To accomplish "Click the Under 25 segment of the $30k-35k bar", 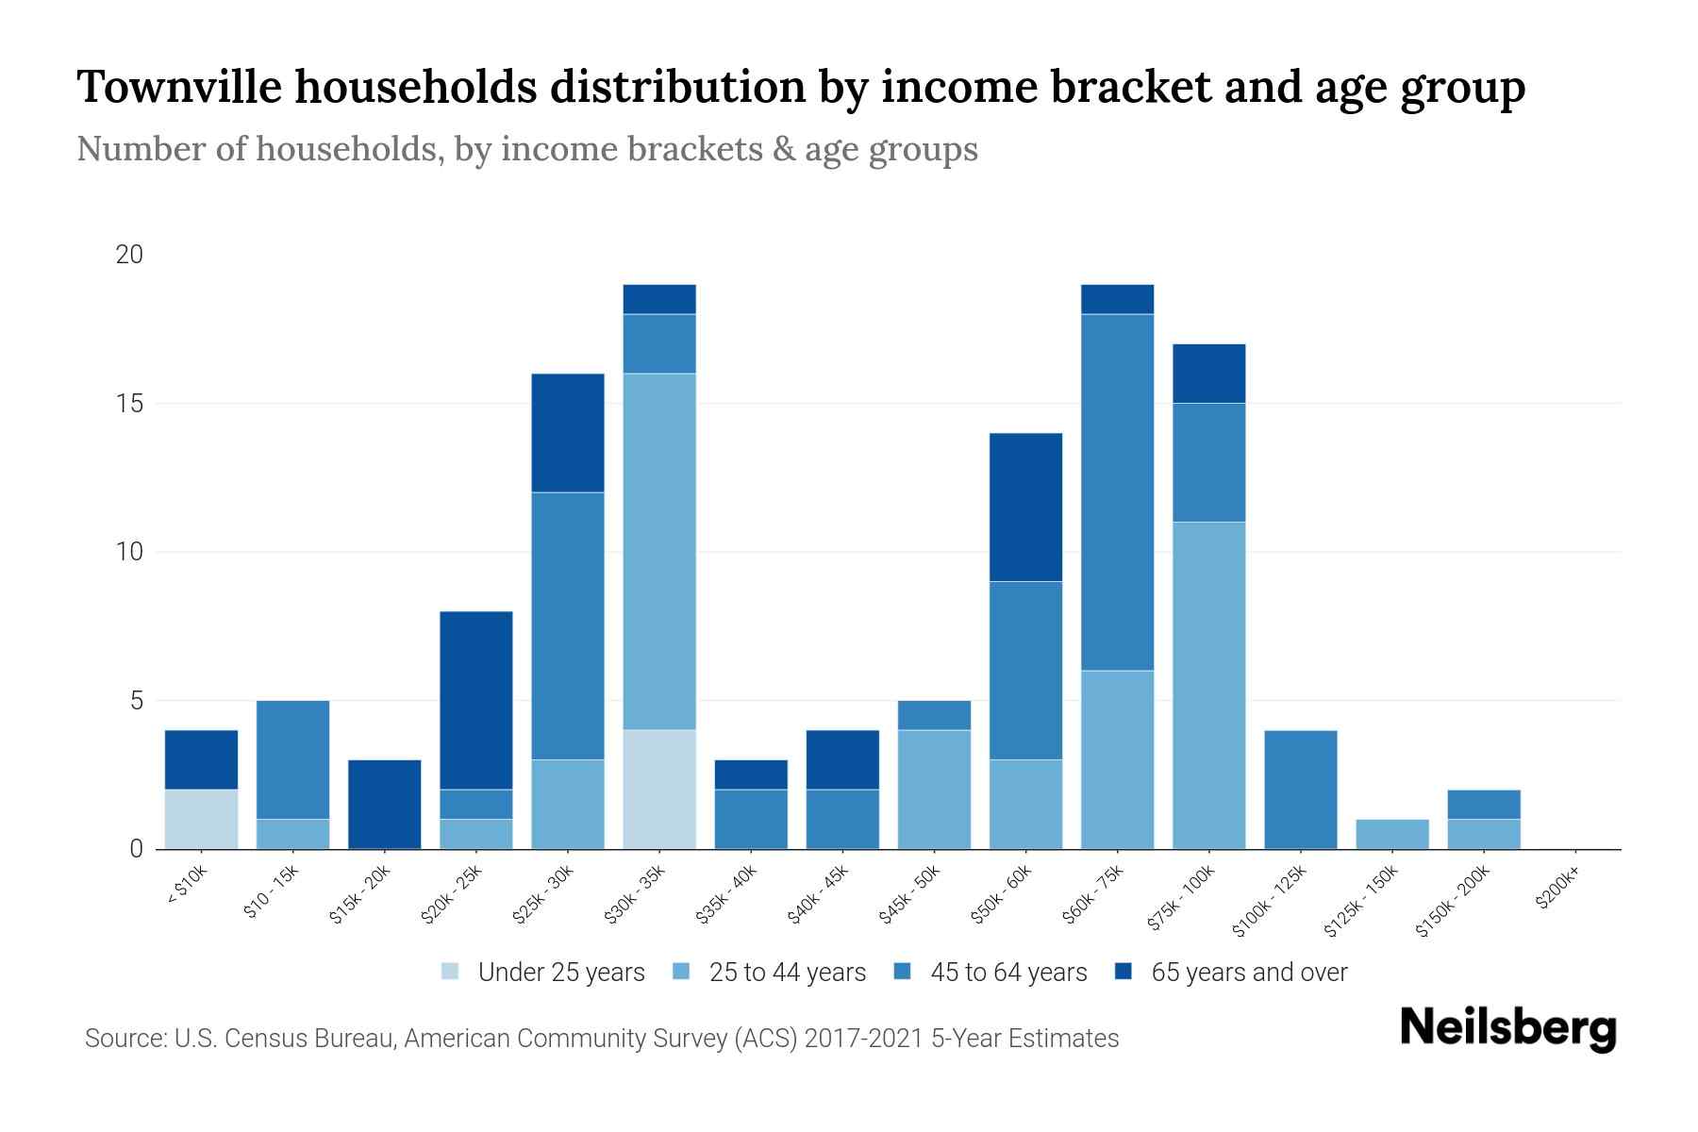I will [659, 790].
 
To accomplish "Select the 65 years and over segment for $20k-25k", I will [476, 700].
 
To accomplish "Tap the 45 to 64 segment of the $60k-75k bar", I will [1117, 491].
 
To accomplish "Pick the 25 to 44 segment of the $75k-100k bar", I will [1208, 685].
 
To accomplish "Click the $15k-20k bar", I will [385, 804].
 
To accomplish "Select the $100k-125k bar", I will [1300, 790].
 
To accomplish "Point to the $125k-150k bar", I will [1391, 834].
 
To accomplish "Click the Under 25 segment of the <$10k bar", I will [201, 819].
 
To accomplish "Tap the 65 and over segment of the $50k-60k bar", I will [1025, 507].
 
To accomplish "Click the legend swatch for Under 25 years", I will [451, 972].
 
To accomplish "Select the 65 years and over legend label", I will [1249, 973].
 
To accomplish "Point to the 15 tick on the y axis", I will [128, 404].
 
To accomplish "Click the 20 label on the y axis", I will [128, 255].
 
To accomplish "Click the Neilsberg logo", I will [1507, 1028].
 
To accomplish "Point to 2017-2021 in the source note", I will [863, 1039].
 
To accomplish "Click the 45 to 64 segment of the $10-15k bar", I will [293, 759].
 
